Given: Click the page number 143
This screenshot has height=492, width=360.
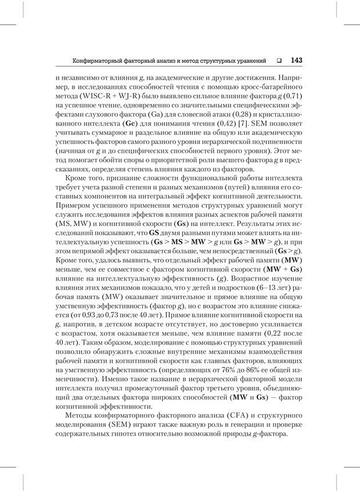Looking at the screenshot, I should (x=296, y=60).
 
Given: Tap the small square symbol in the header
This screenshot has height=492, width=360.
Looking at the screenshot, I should (x=280, y=60).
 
